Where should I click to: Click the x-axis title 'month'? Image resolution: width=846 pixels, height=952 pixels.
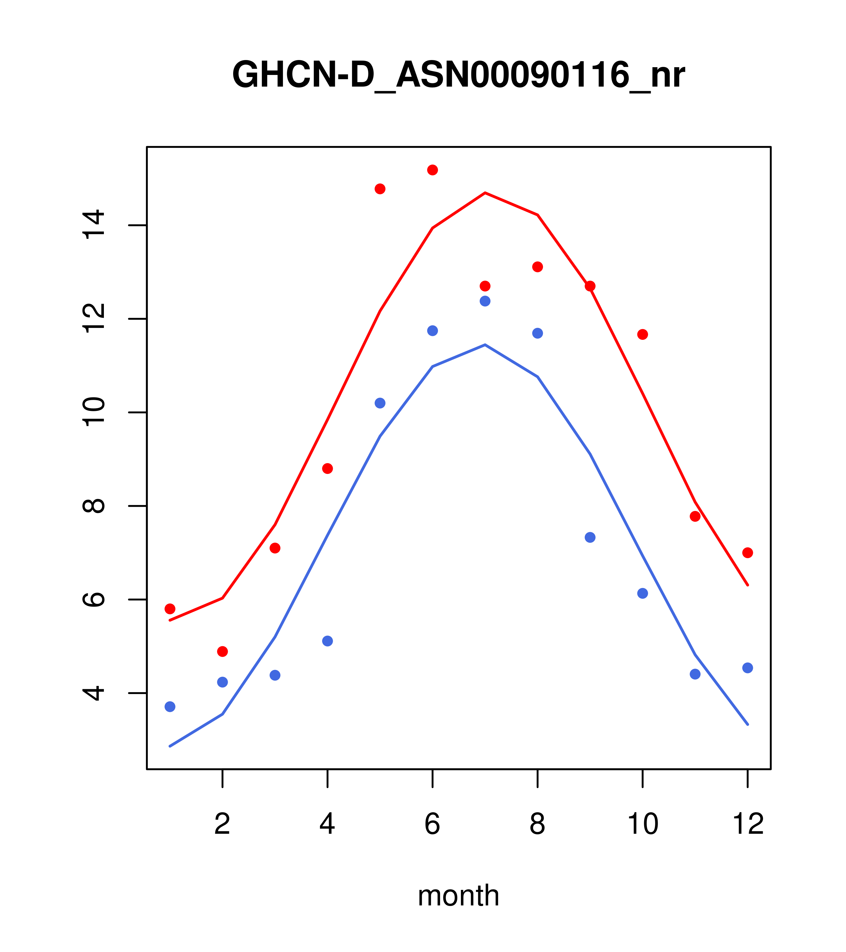pos(458,895)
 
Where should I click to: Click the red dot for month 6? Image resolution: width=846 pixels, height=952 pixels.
pos(433,170)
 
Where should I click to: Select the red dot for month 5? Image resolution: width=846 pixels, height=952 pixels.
pos(380,189)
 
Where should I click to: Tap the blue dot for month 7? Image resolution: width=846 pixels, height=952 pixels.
pos(485,301)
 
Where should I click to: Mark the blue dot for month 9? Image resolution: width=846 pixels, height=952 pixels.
pos(590,538)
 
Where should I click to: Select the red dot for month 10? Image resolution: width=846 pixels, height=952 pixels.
pos(642,334)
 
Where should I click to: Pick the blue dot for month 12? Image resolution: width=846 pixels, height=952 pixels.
pos(748,668)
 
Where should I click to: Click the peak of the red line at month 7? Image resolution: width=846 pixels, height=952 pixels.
pos(485,193)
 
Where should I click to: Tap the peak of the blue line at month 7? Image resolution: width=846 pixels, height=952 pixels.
pos(485,345)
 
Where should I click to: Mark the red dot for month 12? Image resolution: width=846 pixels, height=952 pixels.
pos(748,553)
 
